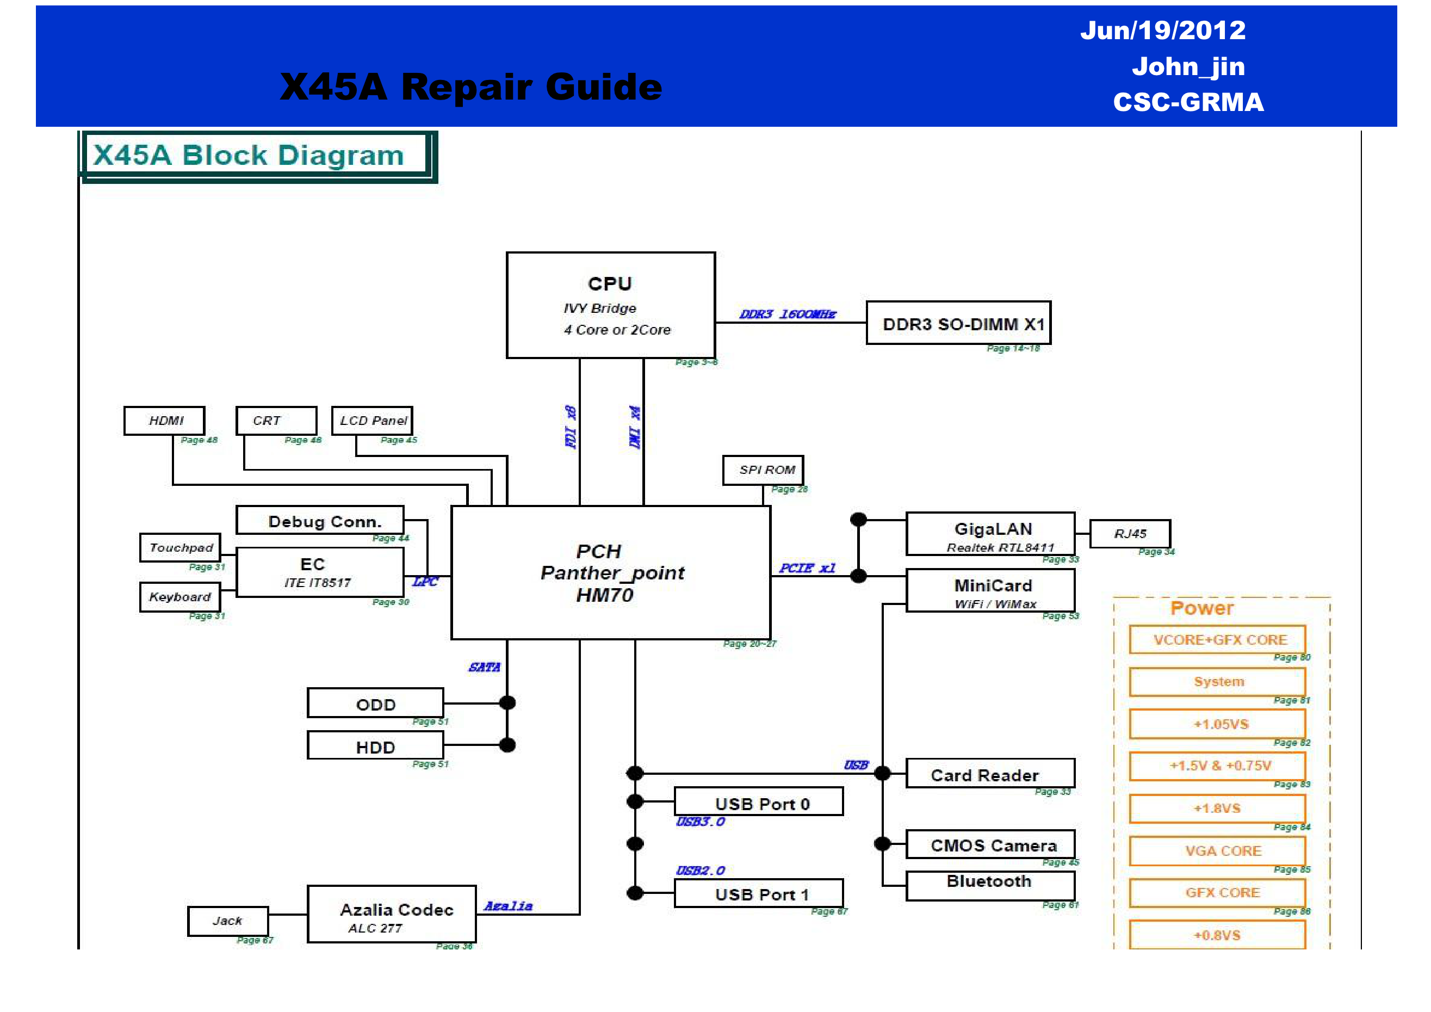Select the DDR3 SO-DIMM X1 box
coord(958,323)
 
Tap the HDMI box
coord(165,421)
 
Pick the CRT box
coord(276,421)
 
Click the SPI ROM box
coord(763,470)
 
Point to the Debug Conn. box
coord(320,520)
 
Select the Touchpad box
coord(180,547)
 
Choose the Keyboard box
coord(180,597)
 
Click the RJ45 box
coord(1130,534)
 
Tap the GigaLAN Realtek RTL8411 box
coord(990,534)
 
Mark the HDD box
coord(375,746)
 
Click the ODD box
coord(375,704)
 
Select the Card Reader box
coord(990,774)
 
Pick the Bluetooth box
coord(990,885)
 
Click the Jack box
coord(227,921)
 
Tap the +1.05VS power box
coord(1217,723)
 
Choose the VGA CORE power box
coord(1217,850)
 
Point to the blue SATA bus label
coord(484,667)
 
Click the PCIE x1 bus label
coord(807,568)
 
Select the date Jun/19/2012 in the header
coord(1162,30)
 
